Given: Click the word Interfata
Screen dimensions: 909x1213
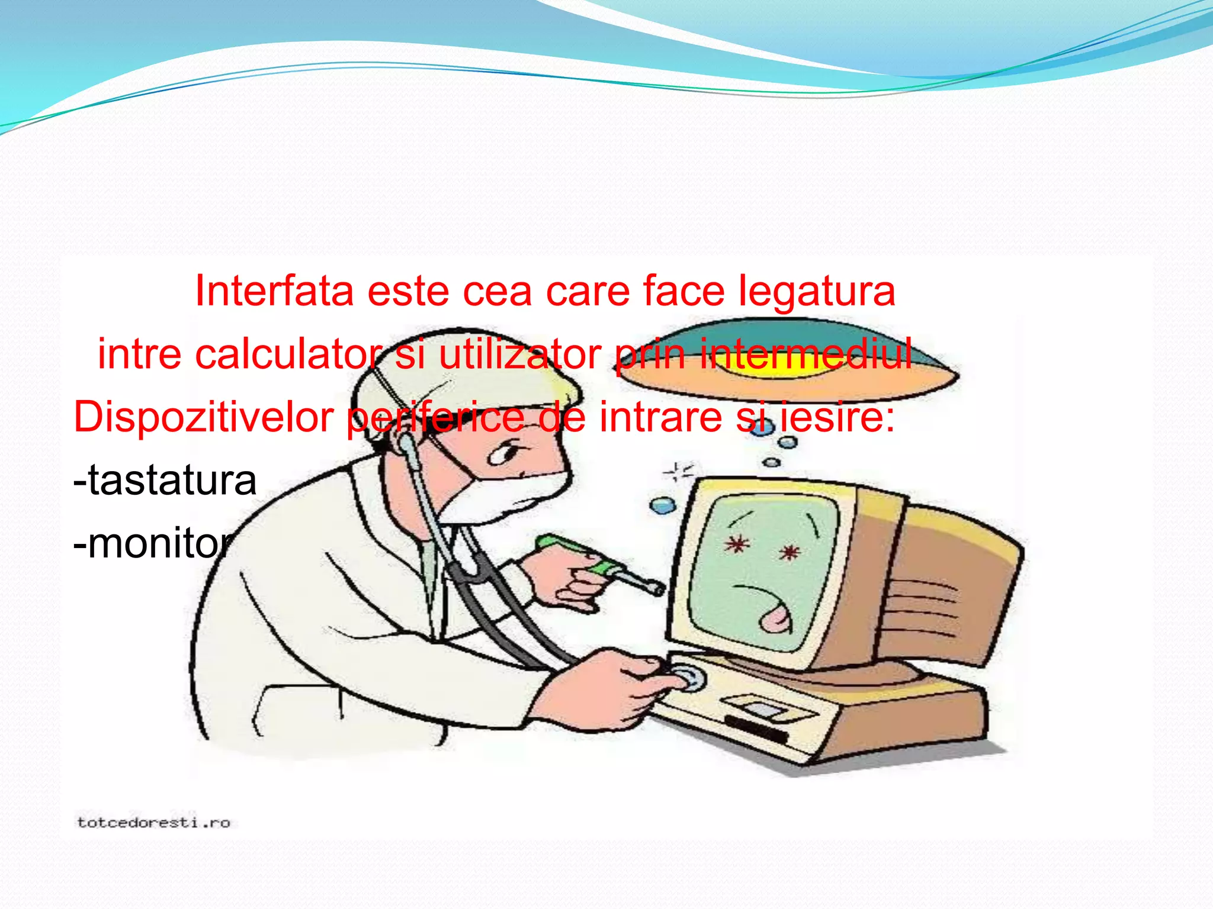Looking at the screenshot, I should tap(274, 291).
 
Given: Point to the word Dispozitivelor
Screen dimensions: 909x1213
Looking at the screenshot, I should tap(203, 417).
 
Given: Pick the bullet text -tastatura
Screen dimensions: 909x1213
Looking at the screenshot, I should tap(165, 480).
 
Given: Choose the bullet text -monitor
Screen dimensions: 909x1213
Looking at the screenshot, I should tap(153, 543).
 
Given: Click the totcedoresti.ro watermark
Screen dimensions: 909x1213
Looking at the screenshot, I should tap(153, 823).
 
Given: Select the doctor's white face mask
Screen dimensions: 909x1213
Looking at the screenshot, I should tap(503, 497).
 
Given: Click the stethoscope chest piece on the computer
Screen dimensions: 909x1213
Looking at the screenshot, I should tap(687, 678).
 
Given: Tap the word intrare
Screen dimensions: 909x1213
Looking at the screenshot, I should tap(660, 417).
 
